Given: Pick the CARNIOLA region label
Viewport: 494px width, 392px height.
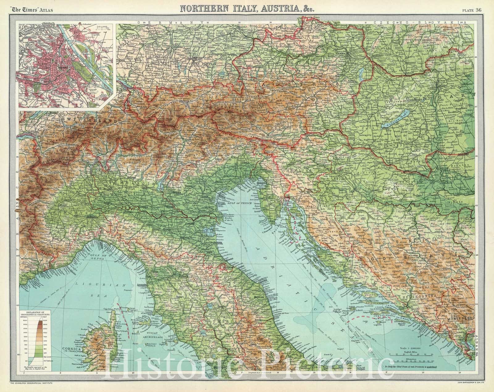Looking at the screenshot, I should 294,169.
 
